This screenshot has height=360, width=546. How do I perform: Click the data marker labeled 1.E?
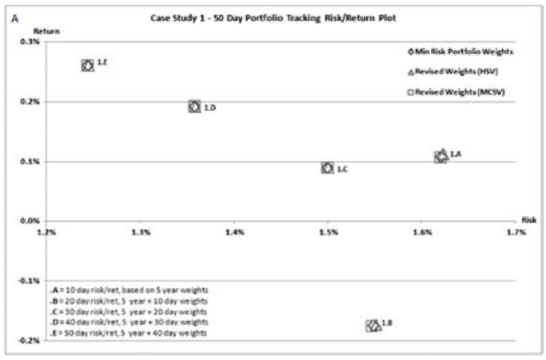[87, 65]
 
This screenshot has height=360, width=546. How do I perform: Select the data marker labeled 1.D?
[194, 107]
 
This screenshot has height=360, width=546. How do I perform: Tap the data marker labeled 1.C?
[327, 168]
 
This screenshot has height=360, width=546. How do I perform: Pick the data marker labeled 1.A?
[441, 156]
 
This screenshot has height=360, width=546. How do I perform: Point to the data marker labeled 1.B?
[373, 326]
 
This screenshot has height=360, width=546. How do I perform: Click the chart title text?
[272, 18]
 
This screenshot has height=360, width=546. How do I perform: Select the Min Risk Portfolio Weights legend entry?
[458, 52]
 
